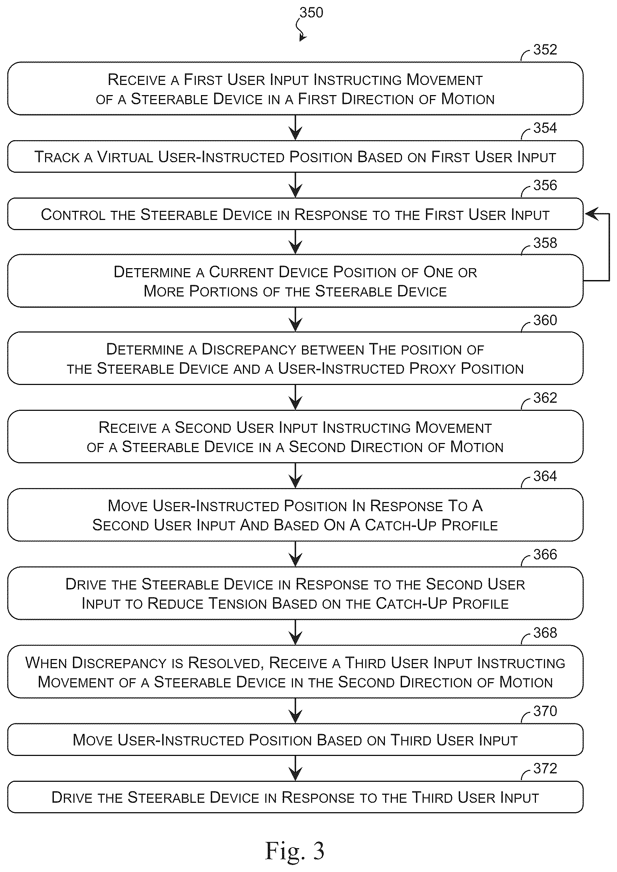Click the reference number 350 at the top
point(311,13)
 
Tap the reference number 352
point(545,50)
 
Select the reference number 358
point(545,243)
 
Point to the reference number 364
point(545,476)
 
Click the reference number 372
point(545,768)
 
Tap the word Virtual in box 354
point(125,157)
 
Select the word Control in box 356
point(73,215)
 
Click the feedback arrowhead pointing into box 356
point(591,214)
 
